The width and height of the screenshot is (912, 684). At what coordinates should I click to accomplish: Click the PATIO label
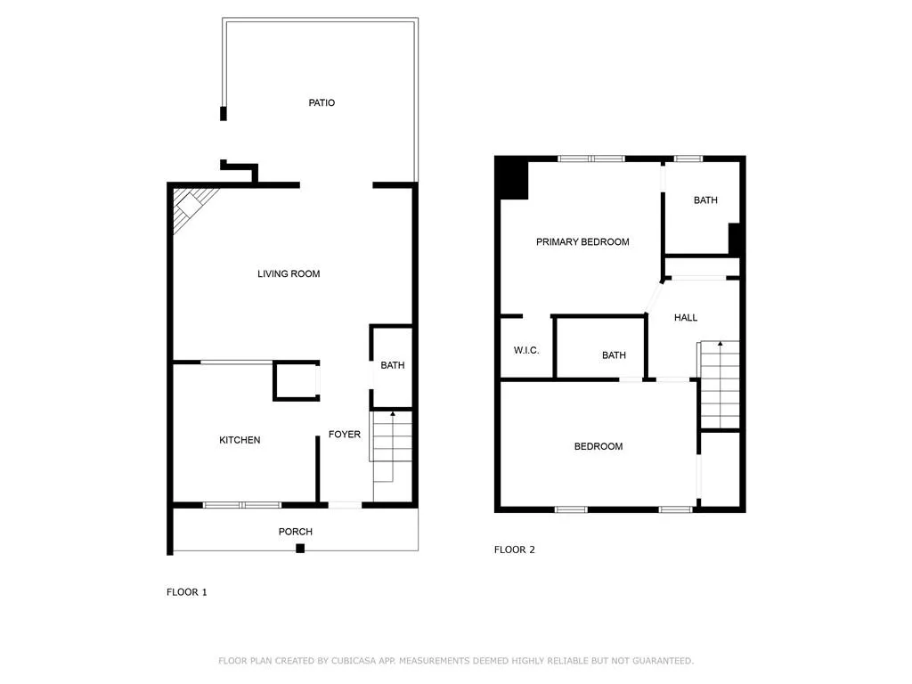tap(322, 103)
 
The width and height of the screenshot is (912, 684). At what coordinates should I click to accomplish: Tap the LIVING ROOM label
tap(289, 273)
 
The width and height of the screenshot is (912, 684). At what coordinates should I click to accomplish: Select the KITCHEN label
tap(240, 440)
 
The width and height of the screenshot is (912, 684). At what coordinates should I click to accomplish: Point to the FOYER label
tap(345, 435)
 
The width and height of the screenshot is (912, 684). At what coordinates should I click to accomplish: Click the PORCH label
tap(296, 532)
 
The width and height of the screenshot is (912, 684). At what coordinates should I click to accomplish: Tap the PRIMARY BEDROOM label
tap(582, 242)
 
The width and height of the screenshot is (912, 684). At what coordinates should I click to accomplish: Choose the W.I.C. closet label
tap(526, 351)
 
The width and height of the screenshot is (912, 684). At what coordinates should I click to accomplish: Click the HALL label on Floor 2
tap(686, 318)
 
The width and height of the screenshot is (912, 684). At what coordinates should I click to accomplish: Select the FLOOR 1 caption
tap(187, 591)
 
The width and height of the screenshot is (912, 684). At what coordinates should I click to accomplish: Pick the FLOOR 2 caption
tap(515, 550)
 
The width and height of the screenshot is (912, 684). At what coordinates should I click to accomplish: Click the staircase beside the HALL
tap(720, 383)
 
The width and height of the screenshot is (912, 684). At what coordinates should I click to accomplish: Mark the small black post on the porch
tap(300, 548)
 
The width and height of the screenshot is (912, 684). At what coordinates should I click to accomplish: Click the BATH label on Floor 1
tap(393, 365)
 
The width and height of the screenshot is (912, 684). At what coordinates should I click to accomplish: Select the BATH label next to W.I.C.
tap(614, 355)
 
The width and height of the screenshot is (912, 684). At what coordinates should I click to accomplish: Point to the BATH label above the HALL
tap(705, 200)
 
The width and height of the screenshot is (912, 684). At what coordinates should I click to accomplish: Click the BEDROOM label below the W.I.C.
tap(598, 446)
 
